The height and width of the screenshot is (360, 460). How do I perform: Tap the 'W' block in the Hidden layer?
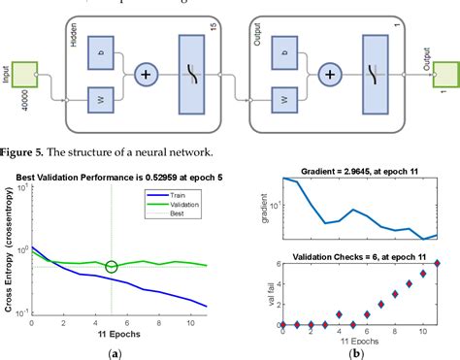tap(101, 99)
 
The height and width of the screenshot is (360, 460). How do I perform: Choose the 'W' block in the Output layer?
tap(284, 99)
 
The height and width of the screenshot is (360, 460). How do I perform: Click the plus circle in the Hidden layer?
tap(148, 73)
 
